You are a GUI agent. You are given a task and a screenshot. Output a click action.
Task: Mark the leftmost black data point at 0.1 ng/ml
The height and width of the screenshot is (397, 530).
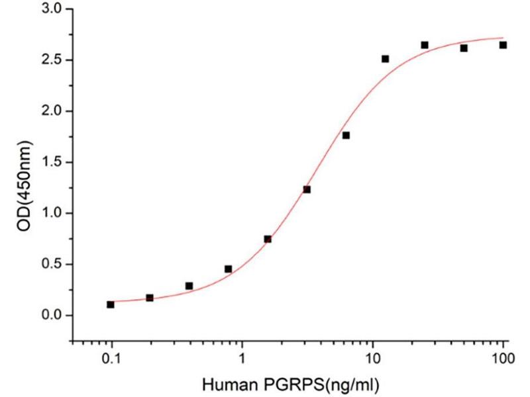[111, 304]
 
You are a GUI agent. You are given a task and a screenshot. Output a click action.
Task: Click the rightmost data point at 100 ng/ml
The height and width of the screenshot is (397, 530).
[503, 45]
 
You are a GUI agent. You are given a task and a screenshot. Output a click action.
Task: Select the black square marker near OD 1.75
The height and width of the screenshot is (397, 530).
[346, 136]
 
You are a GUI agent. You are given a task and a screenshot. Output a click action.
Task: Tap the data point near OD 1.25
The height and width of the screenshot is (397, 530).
[307, 189]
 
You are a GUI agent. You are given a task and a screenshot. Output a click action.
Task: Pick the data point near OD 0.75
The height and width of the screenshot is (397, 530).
[268, 239]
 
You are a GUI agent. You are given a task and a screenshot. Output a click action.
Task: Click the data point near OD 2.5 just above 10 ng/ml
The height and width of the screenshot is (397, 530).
[385, 59]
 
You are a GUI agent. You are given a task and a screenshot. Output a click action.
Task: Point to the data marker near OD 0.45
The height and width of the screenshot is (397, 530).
[228, 269]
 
